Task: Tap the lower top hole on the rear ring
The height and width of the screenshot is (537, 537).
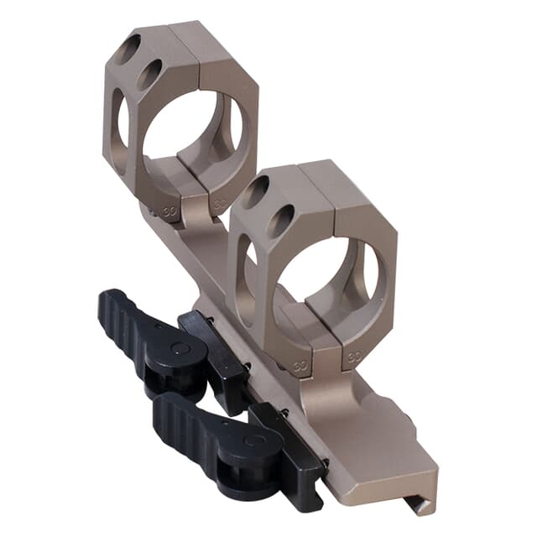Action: click(x=151, y=75)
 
